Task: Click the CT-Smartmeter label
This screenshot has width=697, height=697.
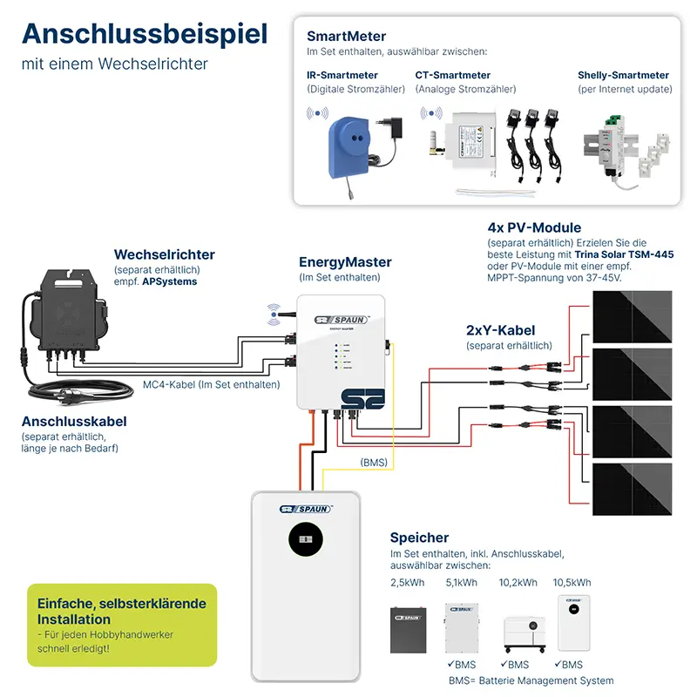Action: (x=453, y=76)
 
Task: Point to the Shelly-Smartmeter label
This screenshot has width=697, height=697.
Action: (x=623, y=76)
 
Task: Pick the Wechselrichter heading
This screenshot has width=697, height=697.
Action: (x=164, y=255)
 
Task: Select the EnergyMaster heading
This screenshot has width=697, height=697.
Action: (x=345, y=262)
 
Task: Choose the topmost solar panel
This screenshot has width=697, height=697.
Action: (x=633, y=316)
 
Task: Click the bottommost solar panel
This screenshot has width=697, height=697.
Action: (x=633, y=493)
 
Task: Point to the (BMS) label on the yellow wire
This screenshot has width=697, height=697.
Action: (x=375, y=462)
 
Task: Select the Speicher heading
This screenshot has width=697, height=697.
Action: (x=420, y=538)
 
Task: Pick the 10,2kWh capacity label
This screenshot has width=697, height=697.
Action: (x=517, y=583)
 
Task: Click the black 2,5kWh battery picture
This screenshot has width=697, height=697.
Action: (x=411, y=629)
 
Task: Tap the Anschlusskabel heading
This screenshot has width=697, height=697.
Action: (x=74, y=422)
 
